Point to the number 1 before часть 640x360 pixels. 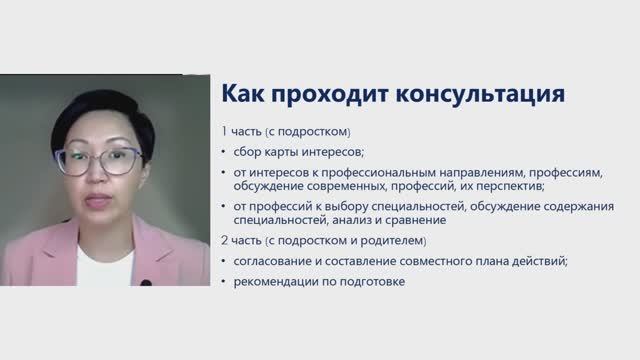click(225, 131)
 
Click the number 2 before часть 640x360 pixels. click(225, 241)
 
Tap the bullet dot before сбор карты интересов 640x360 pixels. click(224, 152)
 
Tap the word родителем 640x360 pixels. click(389, 241)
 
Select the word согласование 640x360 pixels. click(276, 261)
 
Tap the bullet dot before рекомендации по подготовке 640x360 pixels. click(224, 282)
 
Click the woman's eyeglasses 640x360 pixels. click(99, 160)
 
